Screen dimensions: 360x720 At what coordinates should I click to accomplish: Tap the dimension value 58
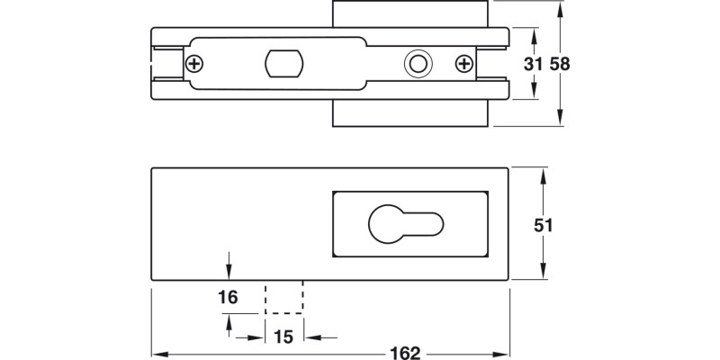[560, 65]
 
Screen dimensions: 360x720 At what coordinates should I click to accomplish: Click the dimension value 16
[228, 297]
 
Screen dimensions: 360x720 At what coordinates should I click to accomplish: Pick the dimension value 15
[283, 337]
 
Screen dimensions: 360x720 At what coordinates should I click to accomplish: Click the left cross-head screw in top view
[194, 64]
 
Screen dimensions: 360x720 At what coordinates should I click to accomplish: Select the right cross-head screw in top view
[464, 64]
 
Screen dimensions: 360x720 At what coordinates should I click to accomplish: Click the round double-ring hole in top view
[417, 64]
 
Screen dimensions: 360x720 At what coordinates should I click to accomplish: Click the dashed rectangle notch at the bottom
[284, 297]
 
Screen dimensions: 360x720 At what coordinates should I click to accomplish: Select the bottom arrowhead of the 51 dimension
[543, 277]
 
